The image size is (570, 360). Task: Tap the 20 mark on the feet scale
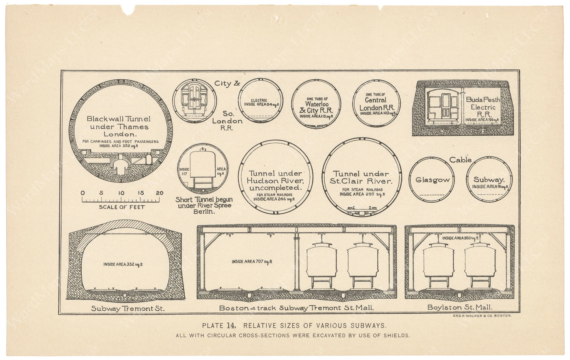pos(159,193)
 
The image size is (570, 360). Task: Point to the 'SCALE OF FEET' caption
pos(121,207)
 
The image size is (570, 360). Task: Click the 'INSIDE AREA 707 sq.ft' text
pos(252,261)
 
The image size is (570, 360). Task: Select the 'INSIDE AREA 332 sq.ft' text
pos(123,264)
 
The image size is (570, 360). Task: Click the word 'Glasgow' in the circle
pos(432,180)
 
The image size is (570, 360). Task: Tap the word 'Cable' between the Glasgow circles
pos(460,160)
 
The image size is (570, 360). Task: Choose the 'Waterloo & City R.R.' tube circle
pos(316,104)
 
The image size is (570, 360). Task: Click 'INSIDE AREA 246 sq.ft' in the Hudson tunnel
pos(274,199)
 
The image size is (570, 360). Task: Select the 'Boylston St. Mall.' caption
pos(460,307)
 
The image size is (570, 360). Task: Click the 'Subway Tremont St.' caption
pos(127,308)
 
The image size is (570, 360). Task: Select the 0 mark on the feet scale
pos(82,193)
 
